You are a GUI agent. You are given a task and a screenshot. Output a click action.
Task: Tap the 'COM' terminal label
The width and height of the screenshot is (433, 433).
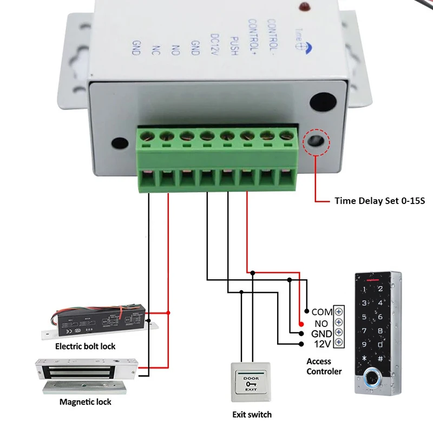pos(322,312)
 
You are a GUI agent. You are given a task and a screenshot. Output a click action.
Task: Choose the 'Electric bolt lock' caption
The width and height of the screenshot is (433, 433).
pos(85,346)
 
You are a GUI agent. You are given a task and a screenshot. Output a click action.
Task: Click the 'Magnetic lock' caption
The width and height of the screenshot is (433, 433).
pos(85,402)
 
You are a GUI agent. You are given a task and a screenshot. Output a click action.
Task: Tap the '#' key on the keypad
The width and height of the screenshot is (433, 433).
pos(380,358)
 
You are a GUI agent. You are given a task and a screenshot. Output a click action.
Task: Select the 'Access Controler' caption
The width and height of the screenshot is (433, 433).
pos(324,366)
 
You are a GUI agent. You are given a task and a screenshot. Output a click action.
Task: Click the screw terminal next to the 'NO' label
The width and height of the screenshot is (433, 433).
pos(339,322)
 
